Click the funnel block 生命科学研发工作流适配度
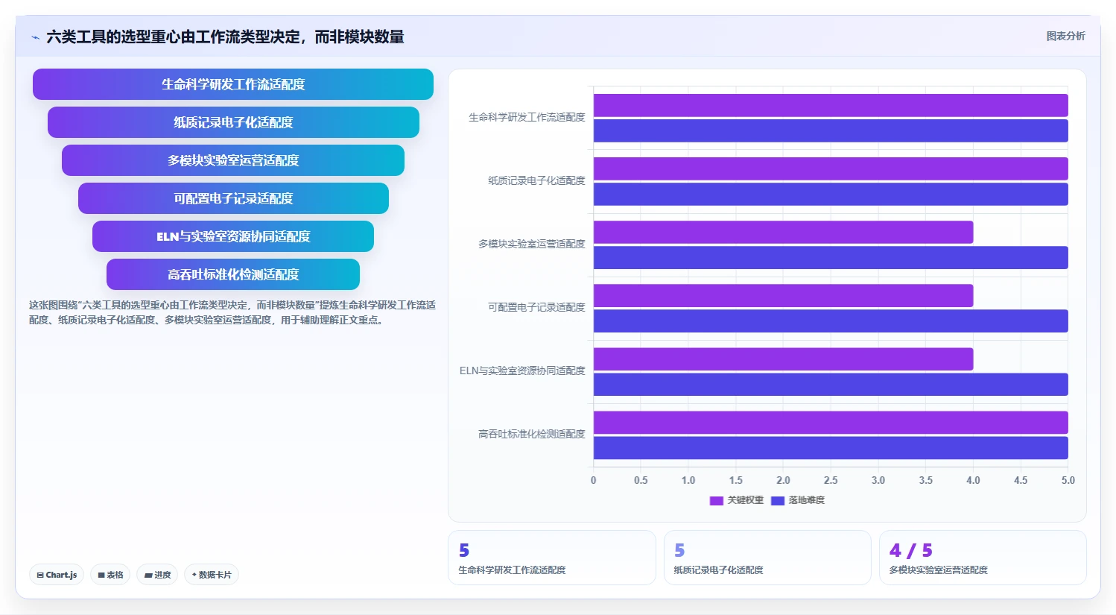pos(233,84)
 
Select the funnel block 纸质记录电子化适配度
pos(233,122)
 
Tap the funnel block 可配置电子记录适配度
pos(233,198)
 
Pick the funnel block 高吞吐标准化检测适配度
pos(233,274)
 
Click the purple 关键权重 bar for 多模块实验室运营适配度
pos(783,233)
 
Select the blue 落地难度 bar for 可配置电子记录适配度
pos(831,321)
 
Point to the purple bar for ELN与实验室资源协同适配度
pos(783,359)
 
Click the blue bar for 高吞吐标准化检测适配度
pos(831,447)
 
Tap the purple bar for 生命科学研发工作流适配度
pos(831,105)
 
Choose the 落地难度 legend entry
pos(798,500)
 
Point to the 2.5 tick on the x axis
pos(831,480)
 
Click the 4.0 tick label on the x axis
pos(973,480)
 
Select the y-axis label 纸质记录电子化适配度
pos(536,180)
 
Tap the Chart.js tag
pos(57,575)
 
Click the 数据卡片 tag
pos(212,575)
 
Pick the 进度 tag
pos(157,575)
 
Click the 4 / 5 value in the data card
pos(910,550)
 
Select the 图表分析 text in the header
pos(1065,36)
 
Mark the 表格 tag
pos(110,575)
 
